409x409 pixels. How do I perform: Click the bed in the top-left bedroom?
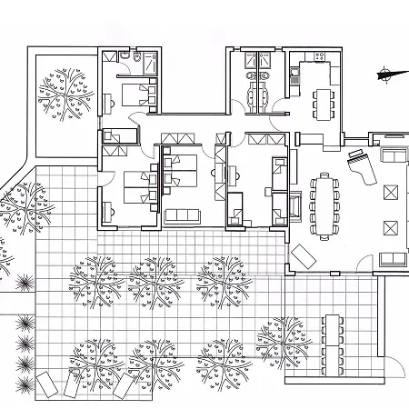pos(135,93)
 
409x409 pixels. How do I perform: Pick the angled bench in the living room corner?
pos(303,255)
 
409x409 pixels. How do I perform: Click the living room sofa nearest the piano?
pos(393,156)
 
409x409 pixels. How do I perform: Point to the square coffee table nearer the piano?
pos(392,192)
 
